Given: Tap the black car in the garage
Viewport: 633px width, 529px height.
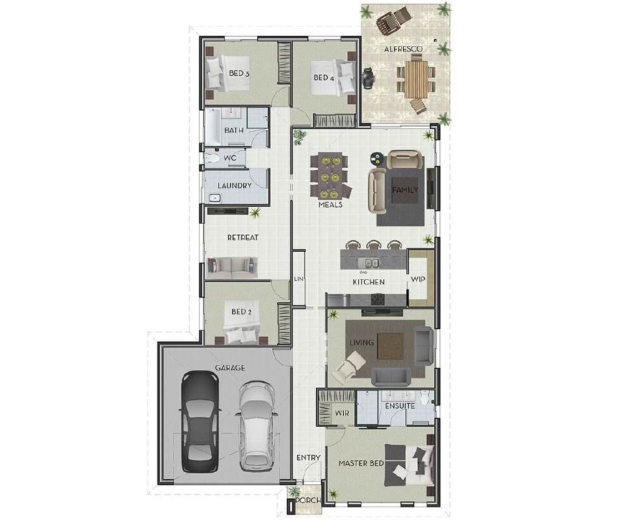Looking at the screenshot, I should tap(200, 422).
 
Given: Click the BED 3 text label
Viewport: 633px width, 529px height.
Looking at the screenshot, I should tap(239, 74).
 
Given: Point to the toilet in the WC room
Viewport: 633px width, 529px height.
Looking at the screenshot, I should tap(212, 158).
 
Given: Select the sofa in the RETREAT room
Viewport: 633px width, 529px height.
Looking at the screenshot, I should tap(231, 265).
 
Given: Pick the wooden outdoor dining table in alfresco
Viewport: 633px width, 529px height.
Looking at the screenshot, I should tap(417, 79).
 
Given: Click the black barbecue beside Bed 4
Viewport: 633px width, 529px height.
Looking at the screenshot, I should tap(369, 79).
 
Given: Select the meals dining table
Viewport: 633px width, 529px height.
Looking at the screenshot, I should tap(330, 176).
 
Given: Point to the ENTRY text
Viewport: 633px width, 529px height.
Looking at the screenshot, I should tap(308, 458).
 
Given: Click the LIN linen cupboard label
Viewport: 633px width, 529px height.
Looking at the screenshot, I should tap(299, 279).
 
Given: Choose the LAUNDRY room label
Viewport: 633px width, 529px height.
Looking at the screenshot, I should tap(234, 186).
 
